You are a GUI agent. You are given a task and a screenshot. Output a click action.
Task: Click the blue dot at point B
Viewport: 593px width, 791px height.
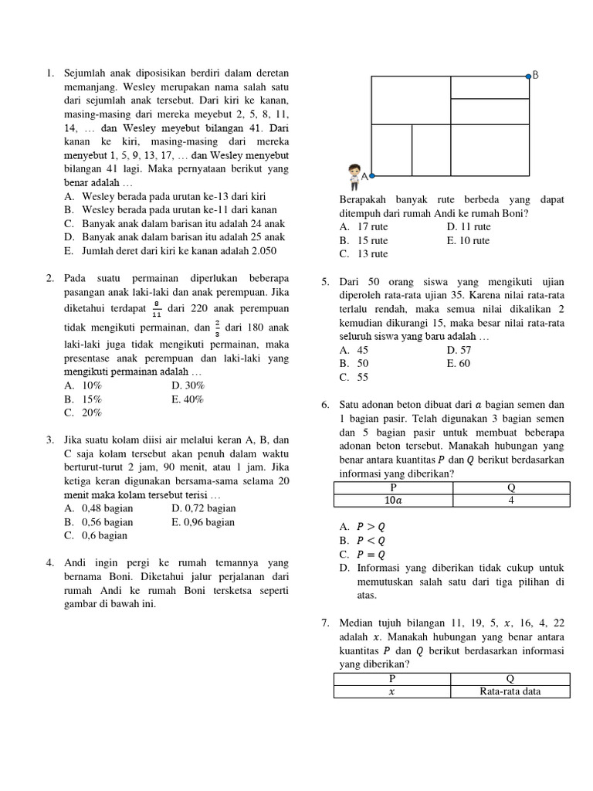click(529, 76)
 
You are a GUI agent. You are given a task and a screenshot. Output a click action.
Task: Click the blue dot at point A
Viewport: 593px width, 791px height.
click(370, 176)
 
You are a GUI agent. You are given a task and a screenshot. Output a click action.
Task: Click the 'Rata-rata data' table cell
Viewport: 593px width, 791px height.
click(510, 691)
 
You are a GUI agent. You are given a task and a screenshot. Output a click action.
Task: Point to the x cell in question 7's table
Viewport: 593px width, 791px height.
click(392, 691)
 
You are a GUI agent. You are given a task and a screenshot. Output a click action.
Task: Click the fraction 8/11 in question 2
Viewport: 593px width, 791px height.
click(157, 311)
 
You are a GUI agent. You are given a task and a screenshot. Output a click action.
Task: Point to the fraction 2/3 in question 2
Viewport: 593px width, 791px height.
click(218, 328)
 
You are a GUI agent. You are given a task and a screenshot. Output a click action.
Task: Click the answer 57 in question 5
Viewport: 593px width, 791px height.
click(465, 350)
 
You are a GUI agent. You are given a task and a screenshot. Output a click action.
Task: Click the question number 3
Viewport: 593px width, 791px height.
click(49, 440)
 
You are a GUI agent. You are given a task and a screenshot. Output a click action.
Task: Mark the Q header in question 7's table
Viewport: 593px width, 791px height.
click(510, 678)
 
